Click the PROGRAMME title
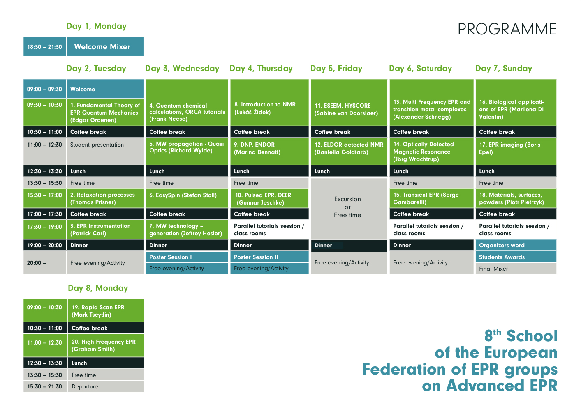(x=507, y=29)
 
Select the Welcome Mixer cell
(x=105, y=46)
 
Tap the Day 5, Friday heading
(x=336, y=68)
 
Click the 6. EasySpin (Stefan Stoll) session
(x=187, y=198)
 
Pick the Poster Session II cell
(x=269, y=257)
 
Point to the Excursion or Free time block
(x=349, y=209)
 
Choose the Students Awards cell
(x=516, y=257)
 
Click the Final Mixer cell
(x=516, y=269)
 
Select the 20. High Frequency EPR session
(x=106, y=345)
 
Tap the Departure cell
(x=106, y=386)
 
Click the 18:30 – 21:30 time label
(x=44, y=47)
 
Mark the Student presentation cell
(x=105, y=151)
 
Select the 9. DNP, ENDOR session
(x=269, y=151)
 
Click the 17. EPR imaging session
(x=516, y=151)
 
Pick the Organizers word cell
(x=516, y=245)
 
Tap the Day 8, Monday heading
(x=98, y=288)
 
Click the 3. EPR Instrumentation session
(x=105, y=230)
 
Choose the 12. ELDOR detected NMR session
(x=349, y=151)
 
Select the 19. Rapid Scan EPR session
(x=106, y=310)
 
